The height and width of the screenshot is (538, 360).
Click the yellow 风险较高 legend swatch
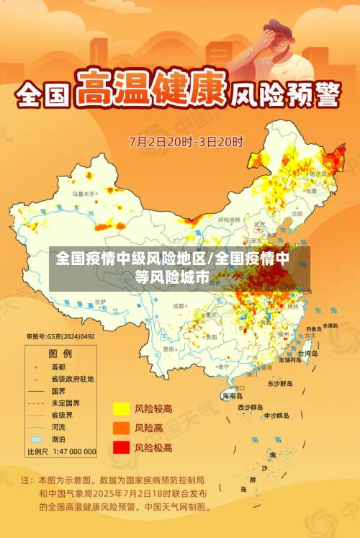120,409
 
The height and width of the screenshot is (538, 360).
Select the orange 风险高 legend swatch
120,429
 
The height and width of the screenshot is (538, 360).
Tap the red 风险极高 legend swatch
120,447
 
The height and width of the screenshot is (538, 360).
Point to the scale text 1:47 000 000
71,452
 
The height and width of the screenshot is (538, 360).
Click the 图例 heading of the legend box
60,354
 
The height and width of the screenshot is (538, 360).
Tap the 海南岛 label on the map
232,395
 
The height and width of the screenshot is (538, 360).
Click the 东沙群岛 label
280,384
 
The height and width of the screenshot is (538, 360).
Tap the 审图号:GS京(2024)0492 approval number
60,336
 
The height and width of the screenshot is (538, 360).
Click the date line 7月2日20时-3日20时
186,141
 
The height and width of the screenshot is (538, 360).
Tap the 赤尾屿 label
330,326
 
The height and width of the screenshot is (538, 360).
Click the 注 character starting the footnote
27,479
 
